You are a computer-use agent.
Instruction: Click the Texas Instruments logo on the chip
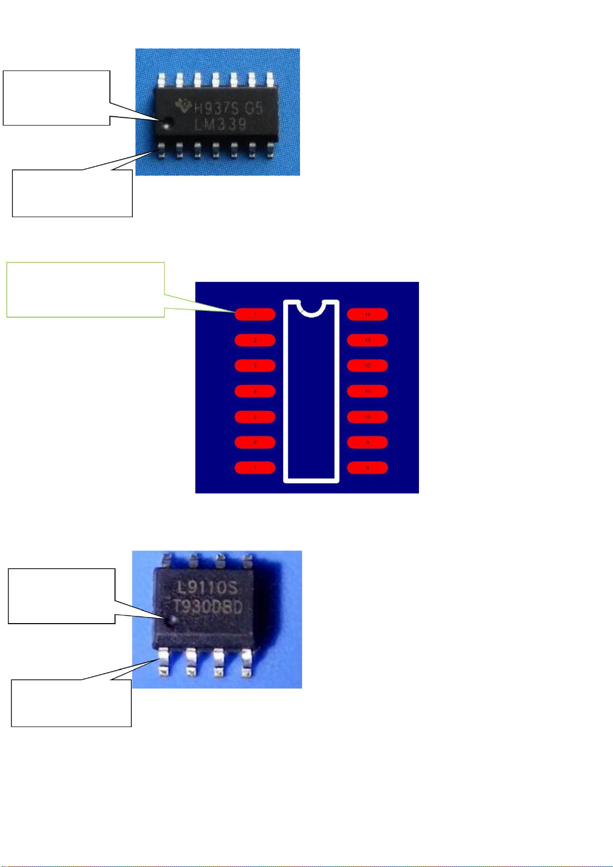click(183, 107)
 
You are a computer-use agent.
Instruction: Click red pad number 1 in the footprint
click(255, 314)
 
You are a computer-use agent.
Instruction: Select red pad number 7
click(255, 468)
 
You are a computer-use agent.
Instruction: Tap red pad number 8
click(367, 468)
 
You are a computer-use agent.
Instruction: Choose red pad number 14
click(367, 314)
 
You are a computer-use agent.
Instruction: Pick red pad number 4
click(255, 391)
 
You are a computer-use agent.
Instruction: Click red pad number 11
click(367, 391)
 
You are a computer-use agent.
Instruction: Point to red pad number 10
click(367, 417)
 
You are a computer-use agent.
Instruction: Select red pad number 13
click(367, 340)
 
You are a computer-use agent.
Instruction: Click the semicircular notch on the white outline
click(311, 309)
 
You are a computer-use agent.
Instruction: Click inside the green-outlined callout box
click(85, 289)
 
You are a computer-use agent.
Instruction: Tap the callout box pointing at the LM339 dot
click(57, 98)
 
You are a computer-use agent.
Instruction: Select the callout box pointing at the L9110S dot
click(62, 596)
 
